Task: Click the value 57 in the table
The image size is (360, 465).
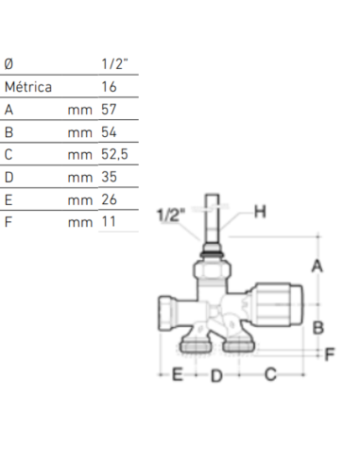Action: click(x=109, y=110)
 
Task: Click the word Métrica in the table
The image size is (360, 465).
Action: click(x=28, y=87)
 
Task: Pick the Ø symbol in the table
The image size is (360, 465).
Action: click(x=9, y=64)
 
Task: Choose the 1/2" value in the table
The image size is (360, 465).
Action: click(x=113, y=64)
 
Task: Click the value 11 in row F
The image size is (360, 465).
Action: click(x=108, y=222)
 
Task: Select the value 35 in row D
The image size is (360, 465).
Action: click(x=109, y=177)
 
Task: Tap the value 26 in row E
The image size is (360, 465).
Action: click(x=109, y=199)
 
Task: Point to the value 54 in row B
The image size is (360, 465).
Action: click(x=109, y=132)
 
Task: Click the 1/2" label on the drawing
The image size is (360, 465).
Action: click(x=171, y=215)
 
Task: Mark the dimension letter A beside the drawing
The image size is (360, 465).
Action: click(x=317, y=267)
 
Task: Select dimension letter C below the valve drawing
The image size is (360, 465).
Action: click(x=270, y=376)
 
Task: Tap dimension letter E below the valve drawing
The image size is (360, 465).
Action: click(x=176, y=376)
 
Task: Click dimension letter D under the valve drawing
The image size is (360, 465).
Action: click(x=215, y=376)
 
